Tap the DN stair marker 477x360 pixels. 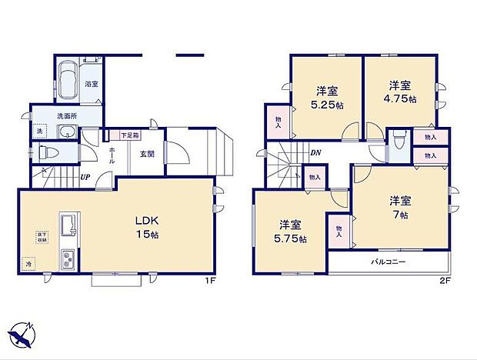315,152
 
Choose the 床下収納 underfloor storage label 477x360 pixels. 36,237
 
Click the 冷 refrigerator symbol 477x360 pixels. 29,263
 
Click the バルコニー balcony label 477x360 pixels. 389,262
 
